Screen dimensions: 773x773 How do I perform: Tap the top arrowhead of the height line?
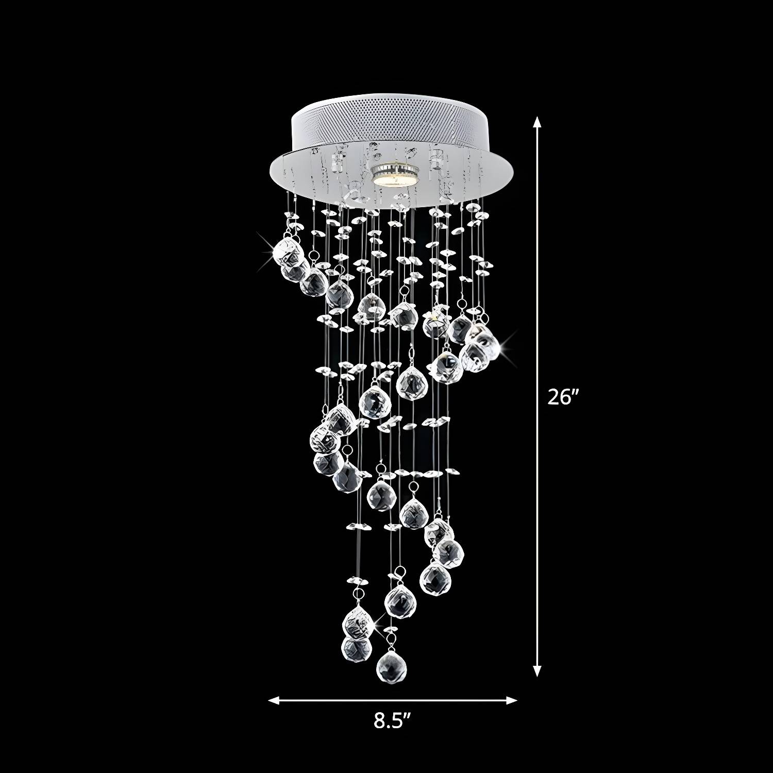pos(537,122)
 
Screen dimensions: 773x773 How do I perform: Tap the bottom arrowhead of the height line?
pos(537,670)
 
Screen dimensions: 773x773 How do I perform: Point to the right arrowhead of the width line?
pos(511,700)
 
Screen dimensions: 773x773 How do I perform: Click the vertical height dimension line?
pos(537,396)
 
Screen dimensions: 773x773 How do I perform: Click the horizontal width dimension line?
pos(393,700)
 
